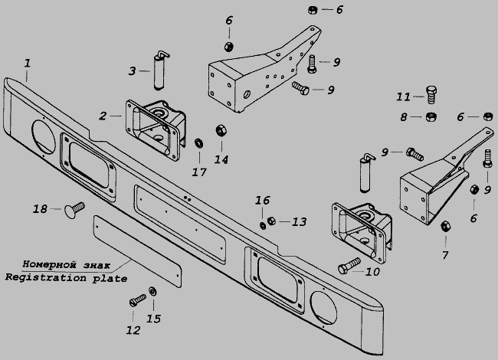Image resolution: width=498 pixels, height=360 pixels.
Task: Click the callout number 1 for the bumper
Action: (x=28, y=63)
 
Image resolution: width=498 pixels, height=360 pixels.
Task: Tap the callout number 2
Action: (x=103, y=116)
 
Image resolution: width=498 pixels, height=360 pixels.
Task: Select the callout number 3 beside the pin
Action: (x=132, y=70)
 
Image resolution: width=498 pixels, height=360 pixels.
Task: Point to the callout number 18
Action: (x=41, y=209)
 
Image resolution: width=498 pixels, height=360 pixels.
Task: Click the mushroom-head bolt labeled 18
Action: (x=74, y=210)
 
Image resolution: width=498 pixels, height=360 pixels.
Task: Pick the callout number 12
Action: (x=133, y=330)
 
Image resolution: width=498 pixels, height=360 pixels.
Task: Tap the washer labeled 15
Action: (x=152, y=291)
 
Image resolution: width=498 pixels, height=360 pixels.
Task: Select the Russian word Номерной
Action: (x=49, y=264)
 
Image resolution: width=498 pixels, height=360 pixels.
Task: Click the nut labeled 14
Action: (x=220, y=130)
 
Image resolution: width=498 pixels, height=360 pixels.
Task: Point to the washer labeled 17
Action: (x=199, y=143)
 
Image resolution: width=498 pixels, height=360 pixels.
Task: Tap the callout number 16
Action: (x=263, y=201)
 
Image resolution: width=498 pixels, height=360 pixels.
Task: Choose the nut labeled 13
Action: (x=271, y=221)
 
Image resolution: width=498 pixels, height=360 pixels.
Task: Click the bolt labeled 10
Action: (x=349, y=266)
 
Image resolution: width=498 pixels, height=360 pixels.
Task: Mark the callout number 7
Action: (x=445, y=255)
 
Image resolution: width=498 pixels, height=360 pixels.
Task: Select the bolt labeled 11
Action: (x=431, y=94)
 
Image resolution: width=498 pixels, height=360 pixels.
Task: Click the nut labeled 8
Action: (x=431, y=117)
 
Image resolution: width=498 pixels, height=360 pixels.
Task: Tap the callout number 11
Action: (x=404, y=97)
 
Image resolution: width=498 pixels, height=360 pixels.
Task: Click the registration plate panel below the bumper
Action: (x=137, y=251)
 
